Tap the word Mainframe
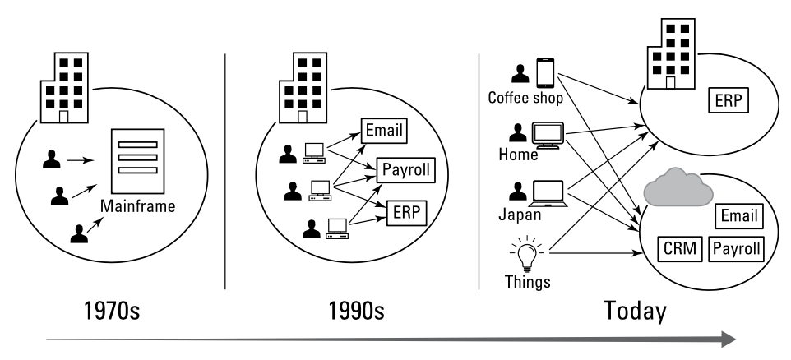[139, 206]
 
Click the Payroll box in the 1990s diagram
[405, 172]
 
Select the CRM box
[680, 248]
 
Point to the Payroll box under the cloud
[735, 248]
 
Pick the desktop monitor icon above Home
[548, 134]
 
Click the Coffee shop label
[525, 97]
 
